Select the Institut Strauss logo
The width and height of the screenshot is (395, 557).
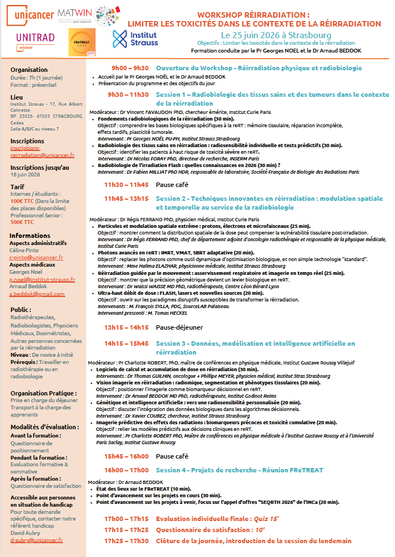coord(135,39)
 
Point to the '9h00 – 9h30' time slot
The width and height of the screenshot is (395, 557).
coord(130,68)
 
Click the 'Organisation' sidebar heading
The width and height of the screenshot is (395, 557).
coord(29,70)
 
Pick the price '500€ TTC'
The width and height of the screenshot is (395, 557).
coord(22,222)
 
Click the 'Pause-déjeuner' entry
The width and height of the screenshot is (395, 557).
coord(179,327)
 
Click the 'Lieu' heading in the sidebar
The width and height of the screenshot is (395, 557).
coord(17,97)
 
